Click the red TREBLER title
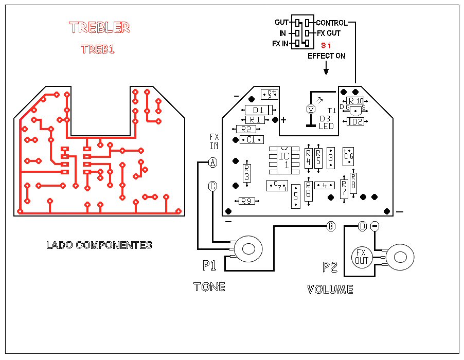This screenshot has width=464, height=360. tap(99, 28)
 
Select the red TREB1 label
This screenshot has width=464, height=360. tap(97, 49)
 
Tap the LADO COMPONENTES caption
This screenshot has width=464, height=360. tap(99, 245)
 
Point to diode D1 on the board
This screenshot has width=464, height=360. tap(258, 110)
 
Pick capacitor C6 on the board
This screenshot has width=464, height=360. tap(349, 156)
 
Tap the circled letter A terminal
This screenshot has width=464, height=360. tap(212, 163)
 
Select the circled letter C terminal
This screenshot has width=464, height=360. tap(212, 186)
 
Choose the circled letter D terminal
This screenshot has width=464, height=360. tap(363, 226)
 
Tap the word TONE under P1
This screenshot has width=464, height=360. tap(209, 286)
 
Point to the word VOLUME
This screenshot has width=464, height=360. tap(330, 289)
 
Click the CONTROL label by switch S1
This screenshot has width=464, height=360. tap(331, 23)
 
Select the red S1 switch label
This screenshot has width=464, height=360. tap(325, 45)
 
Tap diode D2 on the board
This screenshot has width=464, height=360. tap(356, 121)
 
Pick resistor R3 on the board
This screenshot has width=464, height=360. tap(246, 173)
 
